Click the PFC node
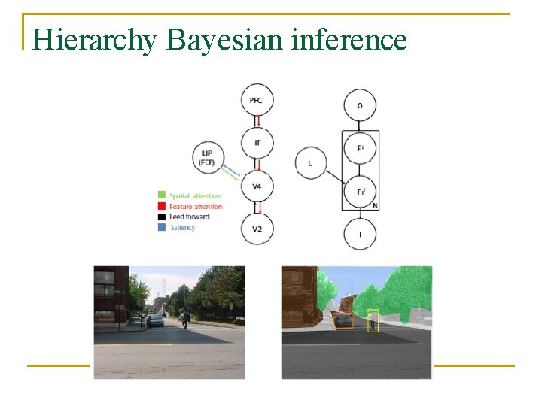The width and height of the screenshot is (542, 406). [257, 99]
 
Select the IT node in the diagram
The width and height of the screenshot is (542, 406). [257, 142]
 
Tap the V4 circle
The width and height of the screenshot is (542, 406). [257, 186]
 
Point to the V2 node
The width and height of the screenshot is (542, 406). [257, 229]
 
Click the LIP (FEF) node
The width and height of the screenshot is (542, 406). [208, 159]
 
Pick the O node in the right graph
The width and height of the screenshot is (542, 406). [360, 105]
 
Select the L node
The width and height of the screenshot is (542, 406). [310, 163]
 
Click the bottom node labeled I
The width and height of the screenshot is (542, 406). [360, 235]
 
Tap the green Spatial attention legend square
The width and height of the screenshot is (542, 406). [161, 195]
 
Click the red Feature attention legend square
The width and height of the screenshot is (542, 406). [161, 206]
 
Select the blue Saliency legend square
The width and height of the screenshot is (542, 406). [161, 227]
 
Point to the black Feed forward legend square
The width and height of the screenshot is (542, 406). [161, 217]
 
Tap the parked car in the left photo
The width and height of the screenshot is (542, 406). [154, 320]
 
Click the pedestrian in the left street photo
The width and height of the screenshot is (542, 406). [183, 320]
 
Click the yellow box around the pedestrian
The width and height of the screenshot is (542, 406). [373, 320]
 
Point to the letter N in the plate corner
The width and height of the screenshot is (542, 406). [375, 205]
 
